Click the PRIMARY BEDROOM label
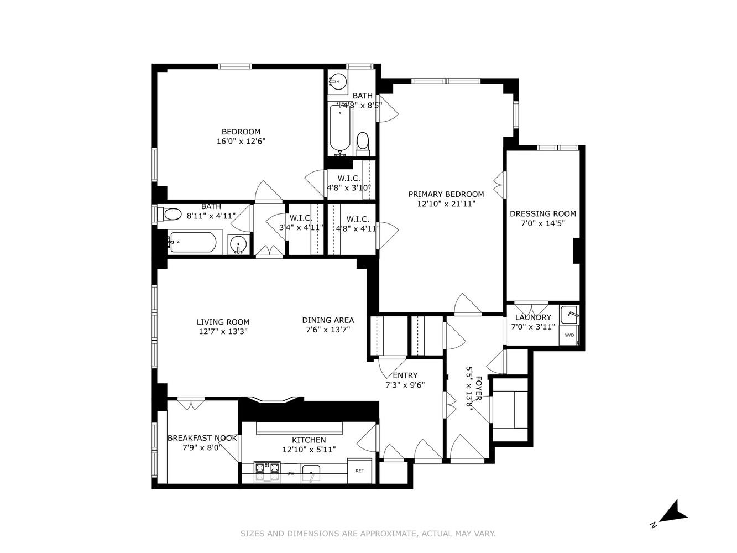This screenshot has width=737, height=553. [446, 194]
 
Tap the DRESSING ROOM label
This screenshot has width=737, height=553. [542, 213]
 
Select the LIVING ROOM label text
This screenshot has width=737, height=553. [223, 322]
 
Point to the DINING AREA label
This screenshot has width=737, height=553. [328, 320]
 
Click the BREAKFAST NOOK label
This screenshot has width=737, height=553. [202, 438]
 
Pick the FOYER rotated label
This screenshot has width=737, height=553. [479, 388]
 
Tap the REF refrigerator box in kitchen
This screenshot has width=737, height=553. [359, 471]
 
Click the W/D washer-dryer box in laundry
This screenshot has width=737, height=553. [569, 335]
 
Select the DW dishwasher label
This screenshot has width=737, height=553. [290, 473]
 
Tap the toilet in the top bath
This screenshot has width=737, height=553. [362, 142]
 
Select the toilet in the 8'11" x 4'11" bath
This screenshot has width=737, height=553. [171, 213]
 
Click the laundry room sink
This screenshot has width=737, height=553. [569, 315]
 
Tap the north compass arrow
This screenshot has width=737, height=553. [673, 512]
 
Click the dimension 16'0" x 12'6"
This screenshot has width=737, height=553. [241, 141]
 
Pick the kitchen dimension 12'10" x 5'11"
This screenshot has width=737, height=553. [309, 450]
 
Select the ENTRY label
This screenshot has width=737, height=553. [405, 375]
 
